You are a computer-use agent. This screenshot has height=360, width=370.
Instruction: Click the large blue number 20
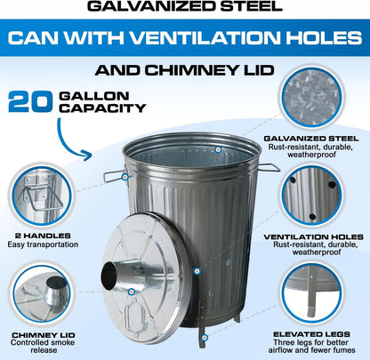click(x=30, y=101)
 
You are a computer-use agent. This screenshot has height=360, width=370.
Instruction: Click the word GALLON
click(x=94, y=96)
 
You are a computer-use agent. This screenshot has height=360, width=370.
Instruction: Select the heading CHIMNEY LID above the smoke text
click(x=44, y=335)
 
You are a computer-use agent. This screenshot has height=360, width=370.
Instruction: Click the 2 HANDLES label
click(x=43, y=236)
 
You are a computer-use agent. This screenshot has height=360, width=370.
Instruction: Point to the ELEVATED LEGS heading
click(x=311, y=334)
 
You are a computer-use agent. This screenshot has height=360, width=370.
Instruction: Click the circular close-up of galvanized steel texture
click(x=311, y=97)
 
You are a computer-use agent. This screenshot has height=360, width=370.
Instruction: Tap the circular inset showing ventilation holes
click(x=311, y=196)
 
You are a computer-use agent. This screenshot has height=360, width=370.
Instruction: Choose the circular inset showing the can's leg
click(x=311, y=293)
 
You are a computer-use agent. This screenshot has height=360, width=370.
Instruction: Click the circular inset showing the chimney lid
click(x=42, y=293)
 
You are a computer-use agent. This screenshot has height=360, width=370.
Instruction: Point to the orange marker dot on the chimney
click(x=132, y=292)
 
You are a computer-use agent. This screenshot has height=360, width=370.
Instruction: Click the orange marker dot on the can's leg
click(x=205, y=338)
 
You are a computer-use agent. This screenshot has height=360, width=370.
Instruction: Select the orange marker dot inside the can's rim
click(x=218, y=149)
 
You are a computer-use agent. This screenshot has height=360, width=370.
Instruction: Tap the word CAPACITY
click(x=102, y=108)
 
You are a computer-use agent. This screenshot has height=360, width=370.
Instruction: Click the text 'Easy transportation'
click(x=43, y=244)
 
